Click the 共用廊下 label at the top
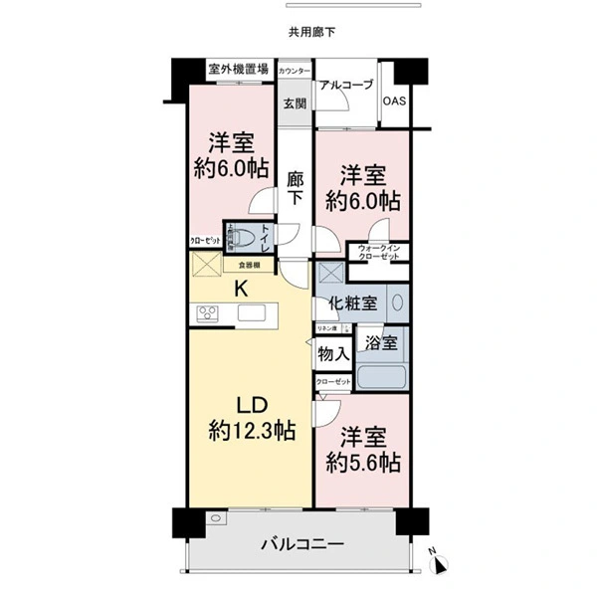coord(312,32)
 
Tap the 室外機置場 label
coord(239,70)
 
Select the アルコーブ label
coord(346,86)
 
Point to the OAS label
coord(394,101)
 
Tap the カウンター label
coord(294,72)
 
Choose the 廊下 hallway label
coord(296,189)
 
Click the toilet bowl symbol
coord(243,239)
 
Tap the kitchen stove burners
coord(209,314)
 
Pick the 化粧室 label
coord(353,303)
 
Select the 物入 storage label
coord(332,353)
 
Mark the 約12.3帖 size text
coord(251,431)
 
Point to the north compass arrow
coord(439,565)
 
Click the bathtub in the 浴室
coord(382,378)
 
